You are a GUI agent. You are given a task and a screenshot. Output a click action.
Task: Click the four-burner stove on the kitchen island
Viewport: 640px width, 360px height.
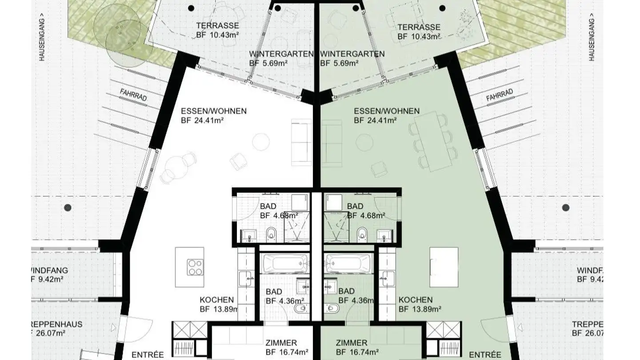pyautogui.click(x=195, y=268)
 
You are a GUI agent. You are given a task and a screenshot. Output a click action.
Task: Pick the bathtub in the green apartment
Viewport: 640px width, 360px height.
pyautogui.click(x=348, y=264)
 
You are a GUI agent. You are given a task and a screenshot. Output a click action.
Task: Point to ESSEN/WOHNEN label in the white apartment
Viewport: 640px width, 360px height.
pyautogui.click(x=214, y=111)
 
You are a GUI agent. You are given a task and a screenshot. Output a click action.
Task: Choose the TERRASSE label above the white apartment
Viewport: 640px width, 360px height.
pyautogui.click(x=218, y=26)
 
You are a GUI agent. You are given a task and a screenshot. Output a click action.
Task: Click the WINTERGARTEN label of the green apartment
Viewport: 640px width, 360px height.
pyautogui.click(x=352, y=54)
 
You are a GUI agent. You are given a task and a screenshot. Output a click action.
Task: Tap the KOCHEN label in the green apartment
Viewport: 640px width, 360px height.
pyautogui.click(x=416, y=300)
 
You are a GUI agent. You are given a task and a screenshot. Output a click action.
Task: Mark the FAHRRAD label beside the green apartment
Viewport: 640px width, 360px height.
pyautogui.click(x=500, y=95)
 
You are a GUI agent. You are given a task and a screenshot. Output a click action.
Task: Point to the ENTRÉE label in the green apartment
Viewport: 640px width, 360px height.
pyautogui.click(x=486, y=355)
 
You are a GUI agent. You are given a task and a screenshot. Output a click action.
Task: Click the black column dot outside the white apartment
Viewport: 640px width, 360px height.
pyautogui.click(x=68, y=207)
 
